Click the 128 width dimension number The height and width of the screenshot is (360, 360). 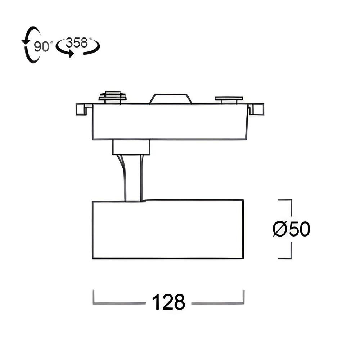[168, 302]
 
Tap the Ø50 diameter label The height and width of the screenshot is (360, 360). [291, 229]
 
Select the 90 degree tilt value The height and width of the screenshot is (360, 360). [41, 46]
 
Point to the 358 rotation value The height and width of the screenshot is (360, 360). [77, 43]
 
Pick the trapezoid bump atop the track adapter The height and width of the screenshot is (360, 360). [170, 99]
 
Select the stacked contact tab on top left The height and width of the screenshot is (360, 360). [112, 98]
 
